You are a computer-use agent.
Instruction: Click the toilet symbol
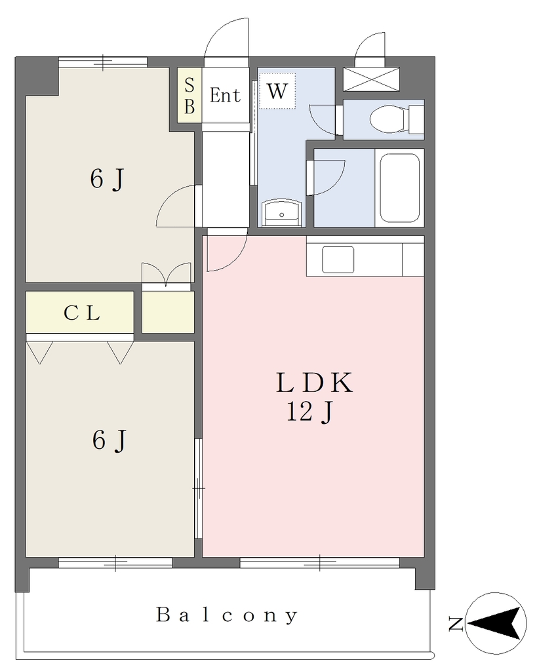397,119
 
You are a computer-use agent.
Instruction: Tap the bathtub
399,188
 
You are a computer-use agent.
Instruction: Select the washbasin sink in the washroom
282,212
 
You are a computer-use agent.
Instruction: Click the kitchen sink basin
338,259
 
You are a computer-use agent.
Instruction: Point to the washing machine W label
277,91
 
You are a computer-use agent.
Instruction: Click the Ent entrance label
225,95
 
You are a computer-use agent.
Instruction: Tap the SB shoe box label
189,96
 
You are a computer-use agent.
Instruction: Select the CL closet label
82,313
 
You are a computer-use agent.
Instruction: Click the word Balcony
227,615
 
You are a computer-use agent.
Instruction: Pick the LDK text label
314,383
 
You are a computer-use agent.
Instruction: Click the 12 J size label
309,412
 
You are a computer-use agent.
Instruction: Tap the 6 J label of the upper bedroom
107,178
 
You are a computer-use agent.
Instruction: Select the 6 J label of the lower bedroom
109,440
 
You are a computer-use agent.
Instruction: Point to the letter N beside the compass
456,624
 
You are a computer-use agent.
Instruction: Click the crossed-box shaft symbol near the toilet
371,79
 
